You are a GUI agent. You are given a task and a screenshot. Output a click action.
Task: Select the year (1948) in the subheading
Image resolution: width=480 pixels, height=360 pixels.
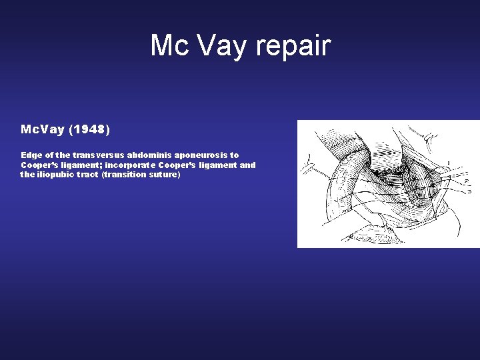(87, 128)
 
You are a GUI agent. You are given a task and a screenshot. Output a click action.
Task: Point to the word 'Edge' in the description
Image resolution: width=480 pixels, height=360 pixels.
(31, 155)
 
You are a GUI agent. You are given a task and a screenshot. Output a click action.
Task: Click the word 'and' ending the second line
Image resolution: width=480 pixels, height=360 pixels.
(247, 165)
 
